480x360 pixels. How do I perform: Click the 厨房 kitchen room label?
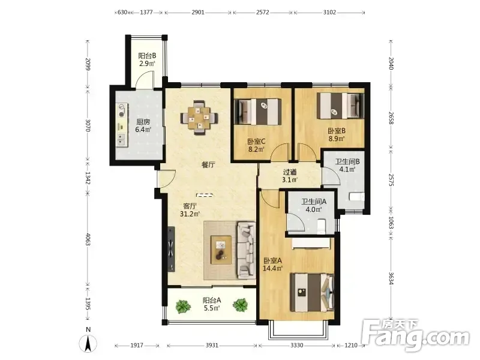click(x=143, y=122)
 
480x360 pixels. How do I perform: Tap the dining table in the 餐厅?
click(x=199, y=118)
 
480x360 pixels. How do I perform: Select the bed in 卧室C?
click(x=258, y=112)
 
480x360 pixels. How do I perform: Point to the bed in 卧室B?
click(x=340, y=106)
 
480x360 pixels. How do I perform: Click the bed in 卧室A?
click(x=312, y=292)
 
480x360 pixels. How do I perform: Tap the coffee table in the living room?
click(x=221, y=250)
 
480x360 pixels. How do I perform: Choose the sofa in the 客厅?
click(x=247, y=250)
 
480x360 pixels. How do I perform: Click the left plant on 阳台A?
click(x=182, y=306)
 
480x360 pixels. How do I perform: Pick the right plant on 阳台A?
click(x=240, y=305)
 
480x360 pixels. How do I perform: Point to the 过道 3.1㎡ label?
click(x=290, y=176)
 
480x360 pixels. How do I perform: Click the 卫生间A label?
click(x=314, y=202)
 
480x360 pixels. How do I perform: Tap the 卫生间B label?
click(x=347, y=161)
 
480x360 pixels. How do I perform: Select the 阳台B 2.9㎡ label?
click(x=147, y=59)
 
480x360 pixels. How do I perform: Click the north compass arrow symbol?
click(x=88, y=344)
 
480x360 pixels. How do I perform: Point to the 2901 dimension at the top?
click(x=198, y=13)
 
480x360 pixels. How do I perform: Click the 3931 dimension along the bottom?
click(x=212, y=346)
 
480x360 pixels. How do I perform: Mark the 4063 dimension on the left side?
click(x=88, y=239)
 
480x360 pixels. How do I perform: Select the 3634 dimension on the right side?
click(x=391, y=278)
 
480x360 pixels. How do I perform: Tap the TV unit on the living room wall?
click(x=171, y=249)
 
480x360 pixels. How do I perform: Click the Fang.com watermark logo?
click(x=415, y=336)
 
